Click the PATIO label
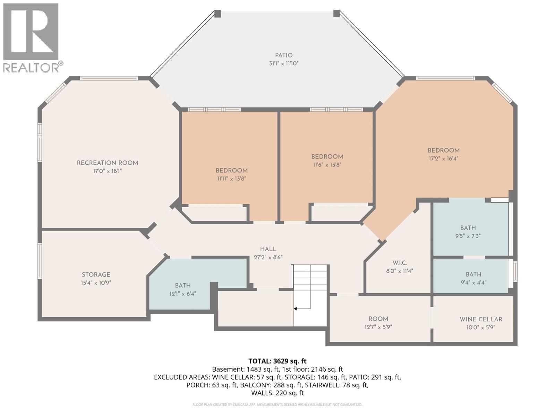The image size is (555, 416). (x=284, y=55)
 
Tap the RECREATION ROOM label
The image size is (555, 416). (x=107, y=163)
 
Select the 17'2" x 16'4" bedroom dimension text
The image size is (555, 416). (x=443, y=158)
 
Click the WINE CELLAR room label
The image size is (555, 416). (x=481, y=319)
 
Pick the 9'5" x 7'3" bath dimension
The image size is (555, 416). (x=468, y=236)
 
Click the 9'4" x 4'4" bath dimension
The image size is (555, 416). (x=473, y=282)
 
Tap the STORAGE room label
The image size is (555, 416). (x=96, y=275)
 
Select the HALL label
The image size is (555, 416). (x=268, y=249)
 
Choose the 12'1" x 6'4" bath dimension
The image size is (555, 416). (x=182, y=294)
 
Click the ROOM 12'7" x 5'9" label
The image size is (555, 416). (x=378, y=319)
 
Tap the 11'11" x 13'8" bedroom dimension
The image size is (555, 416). (x=231, y=179)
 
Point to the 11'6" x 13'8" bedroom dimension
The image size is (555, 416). (x=327, y=165)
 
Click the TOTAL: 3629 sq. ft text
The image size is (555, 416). (x=277, y=361)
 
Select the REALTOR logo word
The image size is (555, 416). (x=31, y=68)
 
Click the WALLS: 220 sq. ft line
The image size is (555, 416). (x=277, y=393)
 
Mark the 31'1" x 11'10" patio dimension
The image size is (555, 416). (x=284, y=63)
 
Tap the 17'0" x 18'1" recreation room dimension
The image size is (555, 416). (x=107, y=171)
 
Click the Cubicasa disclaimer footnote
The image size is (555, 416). (x=277, y=405)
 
